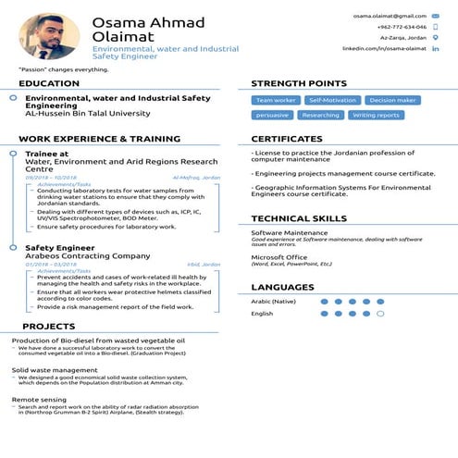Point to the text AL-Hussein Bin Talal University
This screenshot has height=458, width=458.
tap(87, 114)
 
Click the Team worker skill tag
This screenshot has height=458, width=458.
tap(276, 100)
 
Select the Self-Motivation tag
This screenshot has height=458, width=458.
tap(331, 100)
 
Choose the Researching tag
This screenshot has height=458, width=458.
tap(321, 116)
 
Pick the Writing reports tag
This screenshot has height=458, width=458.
tap(377, 116)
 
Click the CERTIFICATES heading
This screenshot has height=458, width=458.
tap(287, 139)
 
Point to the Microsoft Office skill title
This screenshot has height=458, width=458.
tap(279, 256)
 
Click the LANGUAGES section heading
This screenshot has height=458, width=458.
tap(282, 288)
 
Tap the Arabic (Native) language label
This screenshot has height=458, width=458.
tap(273, 302)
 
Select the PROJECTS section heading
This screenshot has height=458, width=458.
tap(49, 327)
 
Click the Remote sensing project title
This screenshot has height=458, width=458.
tap(39, 399)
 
